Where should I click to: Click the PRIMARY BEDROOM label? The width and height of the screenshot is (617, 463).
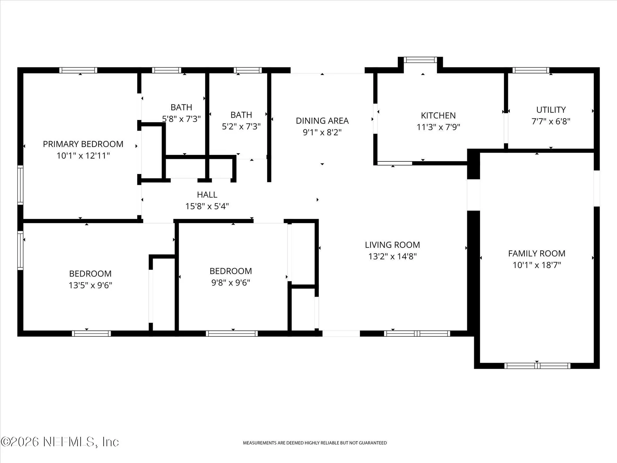point(83,144)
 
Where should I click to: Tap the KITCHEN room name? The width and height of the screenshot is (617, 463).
point(438,115)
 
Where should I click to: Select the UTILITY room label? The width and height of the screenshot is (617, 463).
point(551,110)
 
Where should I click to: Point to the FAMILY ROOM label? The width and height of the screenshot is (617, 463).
point(537,253)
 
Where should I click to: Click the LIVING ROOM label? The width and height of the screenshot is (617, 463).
point(392,245)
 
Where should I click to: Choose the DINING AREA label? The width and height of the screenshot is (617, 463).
point(322,121)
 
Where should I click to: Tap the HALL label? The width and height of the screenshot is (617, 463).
point(207,195)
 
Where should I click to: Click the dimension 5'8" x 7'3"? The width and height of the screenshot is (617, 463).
point(181,119)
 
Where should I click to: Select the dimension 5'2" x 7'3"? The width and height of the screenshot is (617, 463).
point(241,126)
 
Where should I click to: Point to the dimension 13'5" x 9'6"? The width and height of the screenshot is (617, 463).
point(90,285)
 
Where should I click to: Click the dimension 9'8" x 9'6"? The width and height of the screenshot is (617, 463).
point(231,283)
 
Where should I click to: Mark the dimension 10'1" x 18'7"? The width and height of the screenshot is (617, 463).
point(537,265)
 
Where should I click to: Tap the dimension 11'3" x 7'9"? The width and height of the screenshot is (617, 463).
point(438,127)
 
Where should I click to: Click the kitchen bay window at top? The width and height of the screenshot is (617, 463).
point(420,60)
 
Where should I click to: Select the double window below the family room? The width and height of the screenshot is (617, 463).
point(537,366)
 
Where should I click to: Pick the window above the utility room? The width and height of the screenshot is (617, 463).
point(531,70)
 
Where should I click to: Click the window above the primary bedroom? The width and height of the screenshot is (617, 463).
point(78,70)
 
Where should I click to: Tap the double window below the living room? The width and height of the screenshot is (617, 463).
point(417,333)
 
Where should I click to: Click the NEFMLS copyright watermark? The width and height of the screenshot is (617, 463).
point(60,442)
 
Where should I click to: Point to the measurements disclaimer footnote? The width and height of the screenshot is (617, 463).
point(315,443)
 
